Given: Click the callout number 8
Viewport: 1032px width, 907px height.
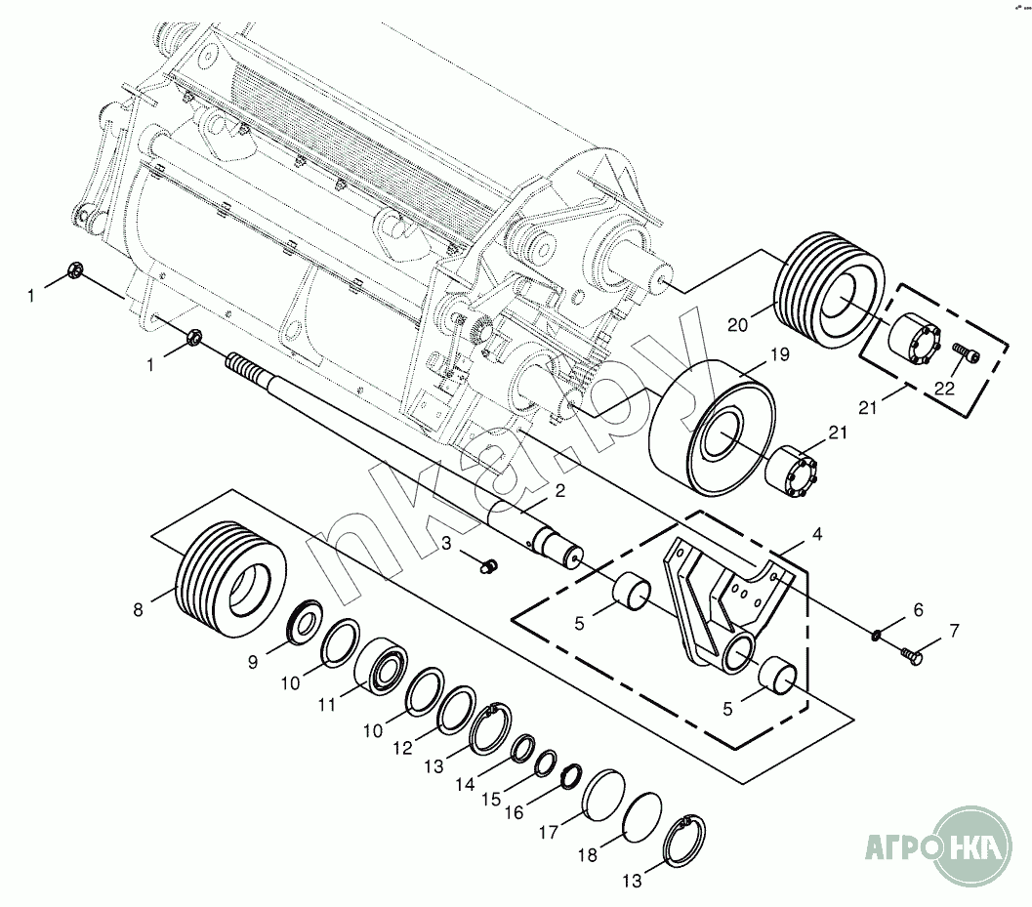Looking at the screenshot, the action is [138, 610].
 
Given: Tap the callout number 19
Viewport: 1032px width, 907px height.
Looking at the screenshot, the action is [778, 356].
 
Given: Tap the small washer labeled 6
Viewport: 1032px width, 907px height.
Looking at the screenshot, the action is [877, 635].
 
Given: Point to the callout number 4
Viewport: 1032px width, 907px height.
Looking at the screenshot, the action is [817, 534].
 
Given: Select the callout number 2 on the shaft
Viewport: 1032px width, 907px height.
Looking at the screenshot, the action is [559, 489].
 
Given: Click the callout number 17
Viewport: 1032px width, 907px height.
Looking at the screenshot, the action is [548, 833].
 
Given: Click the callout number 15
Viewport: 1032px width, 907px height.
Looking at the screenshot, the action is [491, 798].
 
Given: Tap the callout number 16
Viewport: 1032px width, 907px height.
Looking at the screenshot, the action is [514, 812].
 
